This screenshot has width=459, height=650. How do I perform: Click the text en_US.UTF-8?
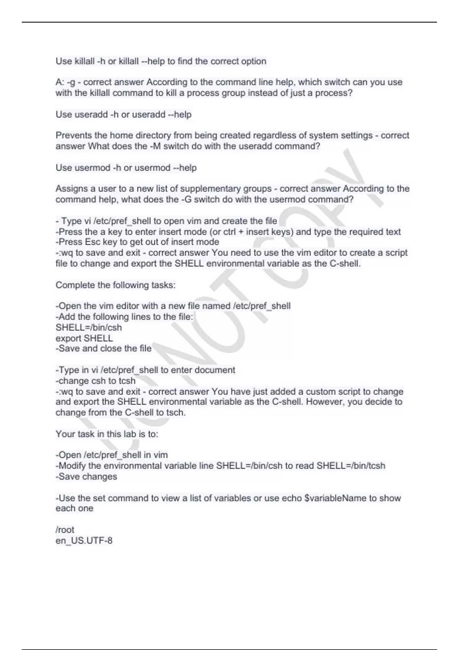[84, 541]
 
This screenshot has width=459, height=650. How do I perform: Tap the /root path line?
[65, 530]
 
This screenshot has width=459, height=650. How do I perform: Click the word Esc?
[93, 242]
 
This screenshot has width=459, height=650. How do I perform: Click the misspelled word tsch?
[176, 413]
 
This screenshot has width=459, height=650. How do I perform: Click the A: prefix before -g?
[60, 82]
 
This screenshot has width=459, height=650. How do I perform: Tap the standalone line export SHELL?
[84, 338]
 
